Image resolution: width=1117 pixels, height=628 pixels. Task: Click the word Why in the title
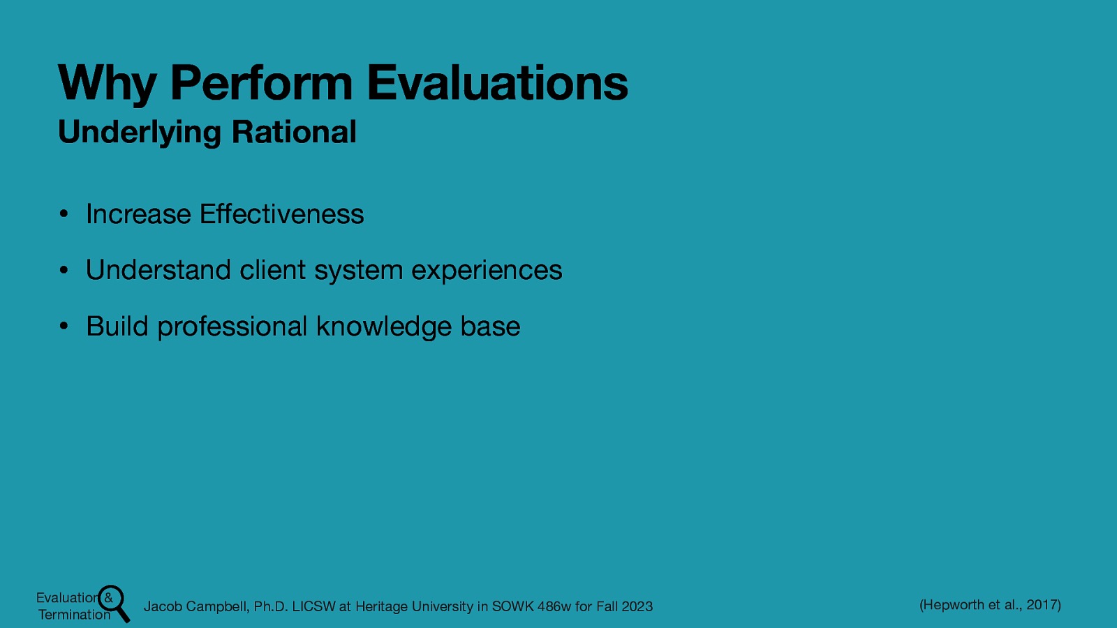tap(106, 84)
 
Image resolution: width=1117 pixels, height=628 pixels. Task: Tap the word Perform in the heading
tap(261, 83)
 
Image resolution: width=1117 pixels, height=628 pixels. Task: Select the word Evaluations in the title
tap(497, 83)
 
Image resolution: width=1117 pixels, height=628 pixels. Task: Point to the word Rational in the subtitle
tap(294, 132)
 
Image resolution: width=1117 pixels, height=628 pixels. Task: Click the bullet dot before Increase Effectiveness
tap(63, 215)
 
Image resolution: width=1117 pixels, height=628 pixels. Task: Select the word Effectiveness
tap(281, 214)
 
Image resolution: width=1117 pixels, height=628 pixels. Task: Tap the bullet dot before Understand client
tap(63, 271)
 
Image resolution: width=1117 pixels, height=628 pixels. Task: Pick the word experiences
tap(487, 271)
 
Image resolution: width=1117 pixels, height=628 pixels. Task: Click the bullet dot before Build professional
tap(63, 327)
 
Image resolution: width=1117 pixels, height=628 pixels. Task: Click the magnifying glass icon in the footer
tap(114, 602)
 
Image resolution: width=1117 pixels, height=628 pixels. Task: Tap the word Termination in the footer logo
tap(74, 615)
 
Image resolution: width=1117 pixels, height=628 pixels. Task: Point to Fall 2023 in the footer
tap(624, 606)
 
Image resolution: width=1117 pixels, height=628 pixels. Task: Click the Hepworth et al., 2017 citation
tap(990, 605)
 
